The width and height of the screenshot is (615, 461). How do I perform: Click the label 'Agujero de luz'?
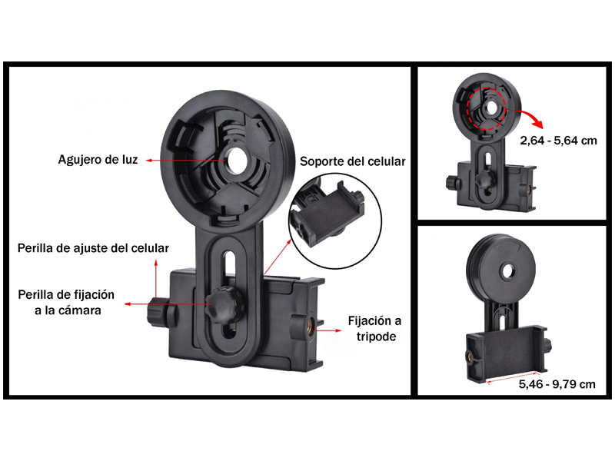98,160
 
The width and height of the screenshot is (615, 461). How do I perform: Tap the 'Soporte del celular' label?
353,161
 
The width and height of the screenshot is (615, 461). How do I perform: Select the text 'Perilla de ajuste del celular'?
93,248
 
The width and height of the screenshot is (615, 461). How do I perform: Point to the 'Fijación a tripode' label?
375,329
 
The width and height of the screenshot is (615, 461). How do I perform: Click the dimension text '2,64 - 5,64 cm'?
559,141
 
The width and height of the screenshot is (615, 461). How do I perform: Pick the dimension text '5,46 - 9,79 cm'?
557,384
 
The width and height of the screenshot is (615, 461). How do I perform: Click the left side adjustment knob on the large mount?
158,312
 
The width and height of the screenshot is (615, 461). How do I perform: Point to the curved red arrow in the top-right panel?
530,117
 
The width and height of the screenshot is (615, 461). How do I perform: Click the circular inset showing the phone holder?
336,221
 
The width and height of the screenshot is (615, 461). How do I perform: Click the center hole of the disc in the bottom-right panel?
509,271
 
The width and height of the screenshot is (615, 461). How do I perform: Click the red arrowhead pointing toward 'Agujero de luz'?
148,160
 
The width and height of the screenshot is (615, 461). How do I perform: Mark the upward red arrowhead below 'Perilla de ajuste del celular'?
156,262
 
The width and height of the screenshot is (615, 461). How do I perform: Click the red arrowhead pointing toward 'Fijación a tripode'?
338,330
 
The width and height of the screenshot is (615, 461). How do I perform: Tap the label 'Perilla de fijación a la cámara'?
66,302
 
